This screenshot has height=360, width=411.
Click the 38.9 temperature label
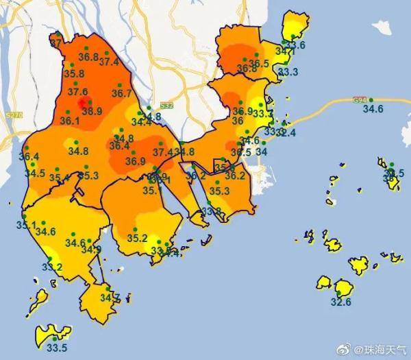tap(92, 110)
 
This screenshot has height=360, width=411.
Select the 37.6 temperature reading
tap(77, 92)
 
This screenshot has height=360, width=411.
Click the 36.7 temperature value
tap(121, 93)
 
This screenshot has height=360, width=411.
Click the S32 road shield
tap(166, 106)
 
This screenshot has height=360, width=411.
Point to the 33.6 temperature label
tap(295, 45)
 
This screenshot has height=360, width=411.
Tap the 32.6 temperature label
tap(340, 301)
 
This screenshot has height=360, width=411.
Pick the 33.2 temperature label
tap(53, 267)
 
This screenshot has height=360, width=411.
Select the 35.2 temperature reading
tap(137, 238)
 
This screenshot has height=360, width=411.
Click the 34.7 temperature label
tap(110, 298)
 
